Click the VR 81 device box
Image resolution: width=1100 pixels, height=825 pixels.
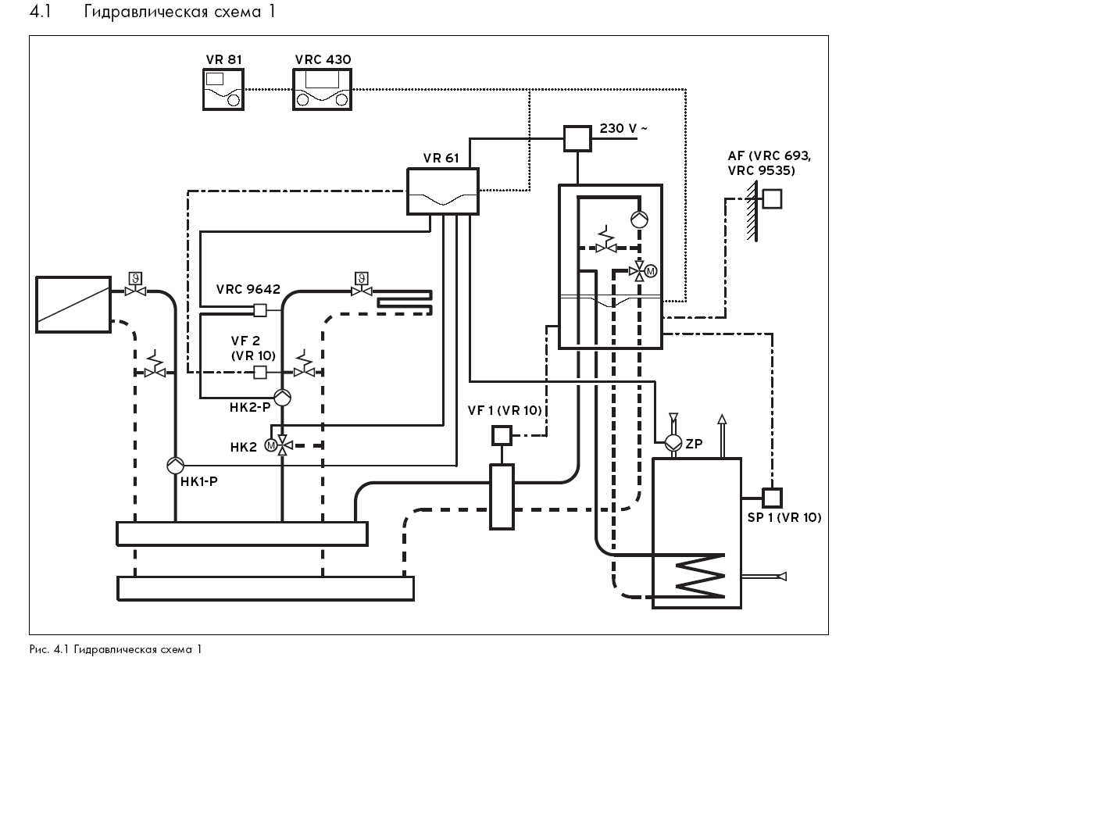[223, 89]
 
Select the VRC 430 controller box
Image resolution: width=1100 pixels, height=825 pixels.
[322, 89]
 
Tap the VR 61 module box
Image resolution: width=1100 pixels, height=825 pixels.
[442, 191]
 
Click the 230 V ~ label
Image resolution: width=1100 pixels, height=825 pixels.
[623, 128]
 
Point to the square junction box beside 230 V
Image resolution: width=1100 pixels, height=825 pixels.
[577, 138]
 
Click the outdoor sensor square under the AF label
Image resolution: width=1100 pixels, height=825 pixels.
[772, 199]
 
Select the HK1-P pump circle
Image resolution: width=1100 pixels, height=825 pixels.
[176, 466]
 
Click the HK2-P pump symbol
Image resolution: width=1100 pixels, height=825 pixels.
[282, 398]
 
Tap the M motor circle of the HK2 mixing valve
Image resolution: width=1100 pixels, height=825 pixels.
[270, 445]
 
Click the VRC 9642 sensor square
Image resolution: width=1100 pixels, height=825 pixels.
[259, 311]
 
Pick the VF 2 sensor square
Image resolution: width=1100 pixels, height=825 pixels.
[259, 372]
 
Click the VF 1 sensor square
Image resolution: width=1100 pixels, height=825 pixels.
[501, 435]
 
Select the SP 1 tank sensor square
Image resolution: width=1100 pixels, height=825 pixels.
[772, 498]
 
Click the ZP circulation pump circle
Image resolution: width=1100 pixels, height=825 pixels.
[673, 443]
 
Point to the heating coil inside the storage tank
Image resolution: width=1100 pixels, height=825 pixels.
[701, 576]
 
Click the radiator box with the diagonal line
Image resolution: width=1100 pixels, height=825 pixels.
[73, 305]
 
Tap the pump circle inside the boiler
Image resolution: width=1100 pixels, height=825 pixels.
[639, 220]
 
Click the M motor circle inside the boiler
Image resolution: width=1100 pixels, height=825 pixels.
[651, 272]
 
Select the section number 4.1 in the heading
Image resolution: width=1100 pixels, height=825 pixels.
[41, 12]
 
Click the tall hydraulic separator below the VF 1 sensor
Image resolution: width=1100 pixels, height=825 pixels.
[501, 497]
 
